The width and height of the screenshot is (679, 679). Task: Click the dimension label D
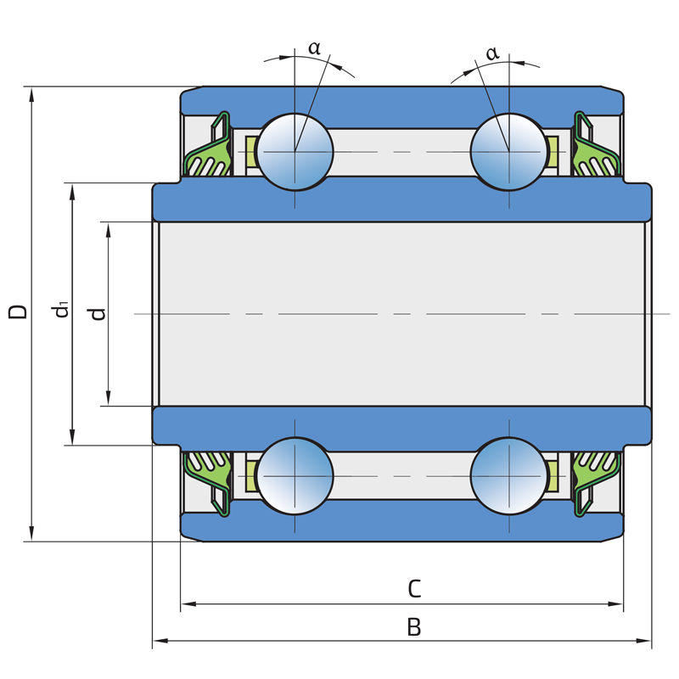tap(18, 311)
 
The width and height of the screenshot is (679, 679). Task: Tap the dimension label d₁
tap(61, 311)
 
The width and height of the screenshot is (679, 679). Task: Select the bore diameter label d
tap(98, 312)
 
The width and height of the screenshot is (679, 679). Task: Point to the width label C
tap(414, 588)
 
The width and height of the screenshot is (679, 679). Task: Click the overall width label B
tap(414, 627)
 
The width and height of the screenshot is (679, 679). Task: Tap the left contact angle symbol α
tap(314, 48)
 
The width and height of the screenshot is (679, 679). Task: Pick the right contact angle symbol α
tap(492, 53)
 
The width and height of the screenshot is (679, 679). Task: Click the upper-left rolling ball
tap(295, 151)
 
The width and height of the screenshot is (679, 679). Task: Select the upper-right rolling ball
tap(508, 151)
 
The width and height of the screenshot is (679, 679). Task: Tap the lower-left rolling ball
tap(295, 476)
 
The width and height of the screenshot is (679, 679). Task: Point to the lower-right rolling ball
tap(508, 476)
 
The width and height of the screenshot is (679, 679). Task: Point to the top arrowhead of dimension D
tap(32, 93)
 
